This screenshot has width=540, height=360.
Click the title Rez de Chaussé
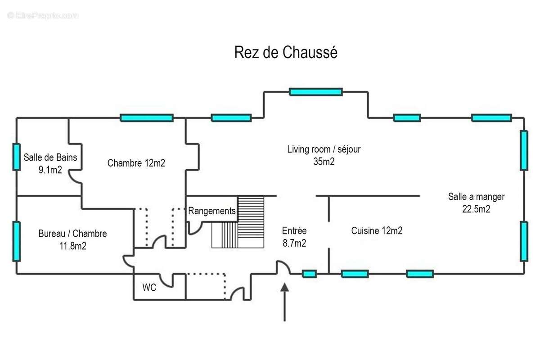(286, 53)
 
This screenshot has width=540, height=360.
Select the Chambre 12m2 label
(136, 163)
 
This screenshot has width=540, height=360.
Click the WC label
(149, 288)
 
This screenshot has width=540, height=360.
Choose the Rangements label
(211, 211)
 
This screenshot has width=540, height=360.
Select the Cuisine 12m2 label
(377, 231)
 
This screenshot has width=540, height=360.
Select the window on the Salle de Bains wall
(17, 157)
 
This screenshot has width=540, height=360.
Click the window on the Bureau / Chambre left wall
(17, 241)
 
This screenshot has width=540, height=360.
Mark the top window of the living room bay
(315, 92)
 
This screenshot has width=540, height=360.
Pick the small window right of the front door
(309, 274)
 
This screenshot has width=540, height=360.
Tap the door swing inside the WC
(166, 280)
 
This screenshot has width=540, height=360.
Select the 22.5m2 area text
(476, 208)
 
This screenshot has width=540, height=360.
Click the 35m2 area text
(324, 162)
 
